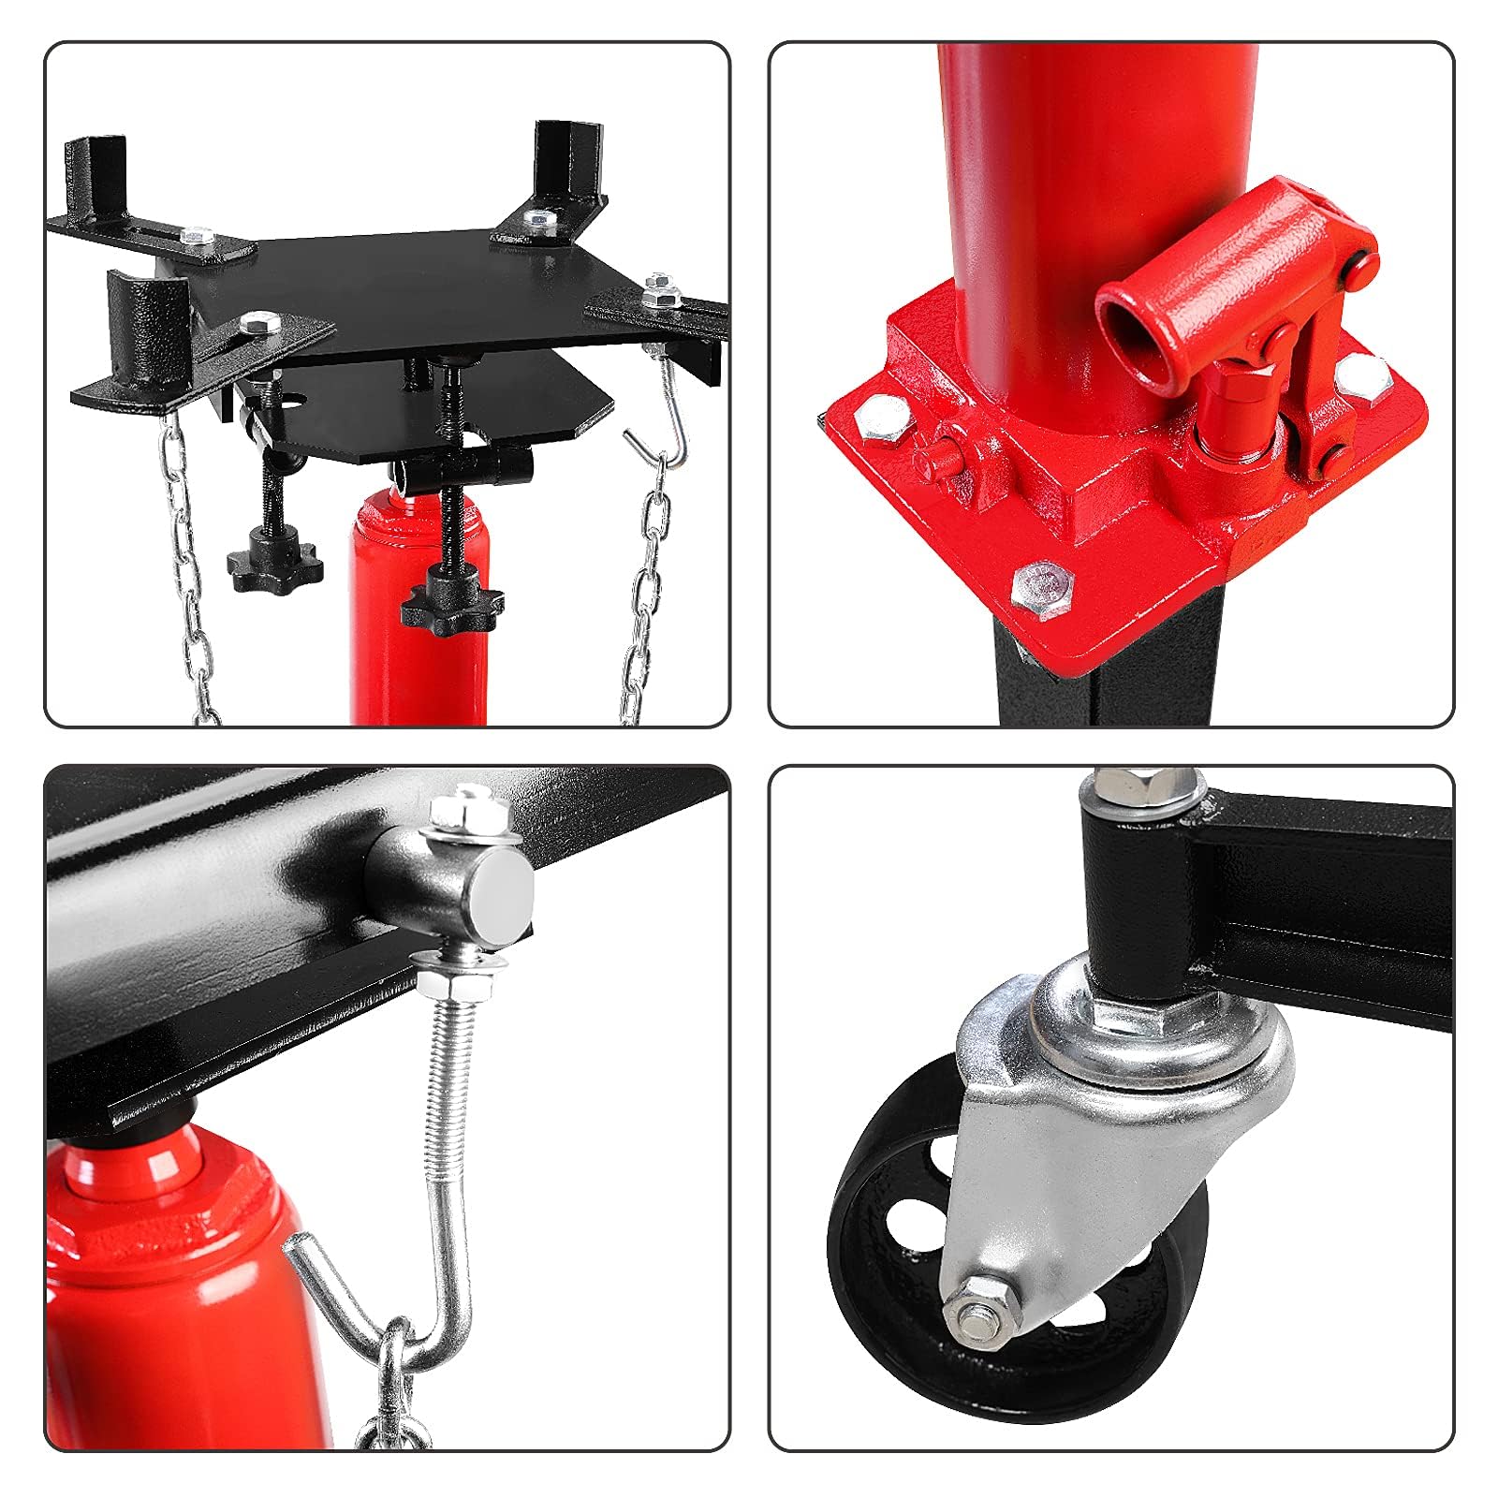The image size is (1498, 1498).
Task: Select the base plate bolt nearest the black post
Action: click(1045, 591)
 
